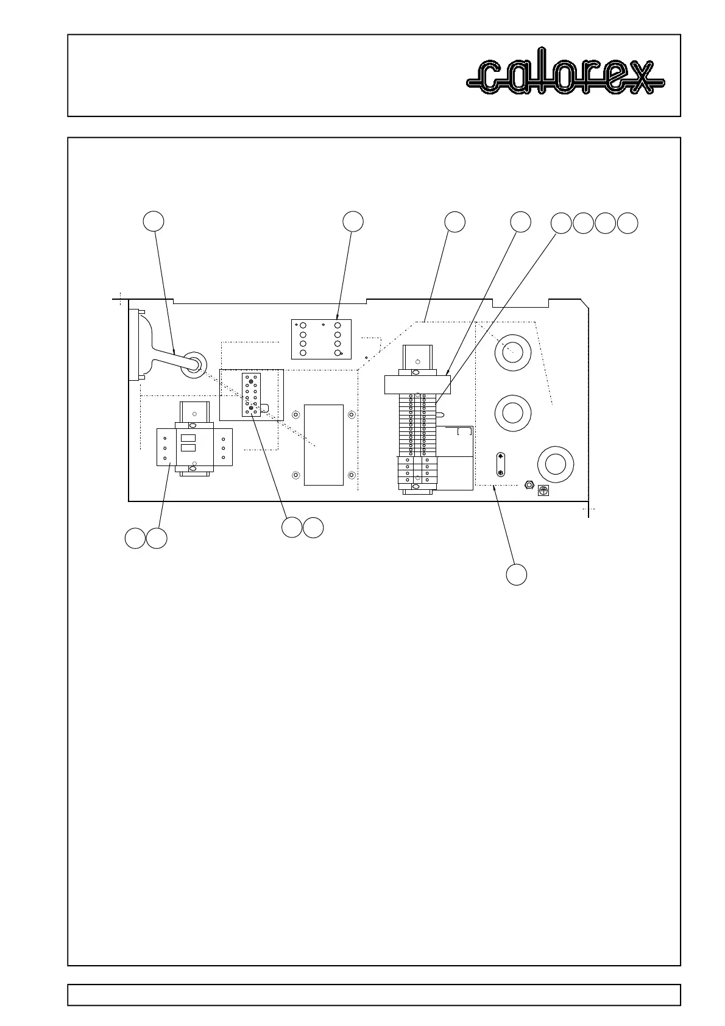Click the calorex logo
(x=565, y=77)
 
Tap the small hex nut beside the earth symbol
(x=529, y=486)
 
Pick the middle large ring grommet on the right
(x=512, y=412)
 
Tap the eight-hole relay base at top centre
(x=321, y=339)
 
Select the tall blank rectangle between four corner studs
(x=323, y=444)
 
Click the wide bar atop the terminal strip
(x=417, y=384)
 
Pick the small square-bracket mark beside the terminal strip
(x=464, y=432)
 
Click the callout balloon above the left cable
(x=153, y=221)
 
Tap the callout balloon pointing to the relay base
(x=353, y=221)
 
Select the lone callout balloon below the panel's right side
(x=517, y=575)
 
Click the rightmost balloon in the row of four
(x=628, y=224)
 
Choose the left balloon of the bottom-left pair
(x=135, y=539)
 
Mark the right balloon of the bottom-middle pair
(x=313, y=528)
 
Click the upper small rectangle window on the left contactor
(x=188, y=437)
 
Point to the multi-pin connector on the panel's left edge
(x=134, y=345)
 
